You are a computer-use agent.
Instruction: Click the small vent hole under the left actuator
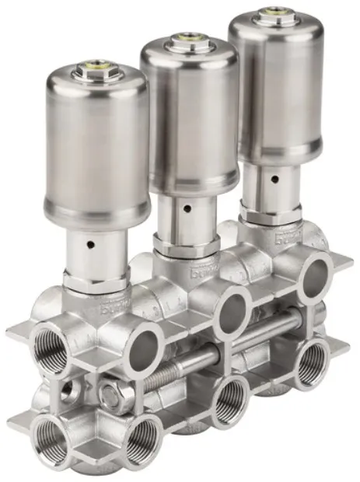coord(92,244)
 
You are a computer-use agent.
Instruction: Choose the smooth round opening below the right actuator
coord(316,274)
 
